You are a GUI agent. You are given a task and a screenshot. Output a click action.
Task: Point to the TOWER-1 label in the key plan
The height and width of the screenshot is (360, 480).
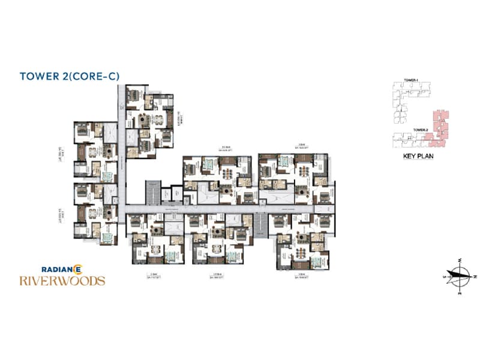[x=410, y=80]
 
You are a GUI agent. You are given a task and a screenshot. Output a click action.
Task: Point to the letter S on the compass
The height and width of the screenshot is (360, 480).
[x=445, y=277]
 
